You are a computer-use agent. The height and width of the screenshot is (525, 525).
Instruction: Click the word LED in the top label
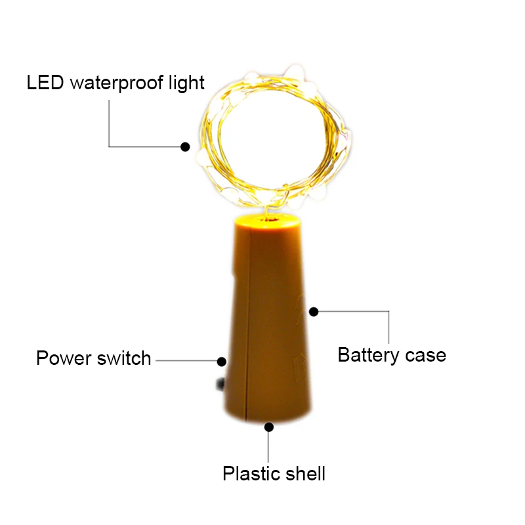(45, 83)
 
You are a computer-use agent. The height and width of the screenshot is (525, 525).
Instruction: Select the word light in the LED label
(186, 83)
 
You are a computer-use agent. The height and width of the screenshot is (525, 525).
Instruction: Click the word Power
(64, 358)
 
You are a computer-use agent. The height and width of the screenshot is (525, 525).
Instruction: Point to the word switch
(124, 358)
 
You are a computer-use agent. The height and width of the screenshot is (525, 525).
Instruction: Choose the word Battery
(368, 355)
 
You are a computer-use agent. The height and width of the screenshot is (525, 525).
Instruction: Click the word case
(425, 355)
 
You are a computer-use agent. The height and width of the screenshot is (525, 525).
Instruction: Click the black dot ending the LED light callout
(185, 146)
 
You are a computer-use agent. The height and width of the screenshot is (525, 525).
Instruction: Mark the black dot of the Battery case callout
(314, 312)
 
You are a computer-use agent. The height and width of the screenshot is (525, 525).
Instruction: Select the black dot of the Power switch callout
(222, 362)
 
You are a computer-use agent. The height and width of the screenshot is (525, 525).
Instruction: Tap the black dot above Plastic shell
(269, 427)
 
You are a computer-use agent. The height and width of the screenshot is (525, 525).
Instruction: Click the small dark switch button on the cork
(220, 384)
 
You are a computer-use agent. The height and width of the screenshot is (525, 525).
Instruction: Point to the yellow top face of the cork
(267, 221)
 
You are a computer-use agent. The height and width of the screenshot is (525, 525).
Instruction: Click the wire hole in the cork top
(268, 219)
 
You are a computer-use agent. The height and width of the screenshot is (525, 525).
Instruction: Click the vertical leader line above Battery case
(388, 327)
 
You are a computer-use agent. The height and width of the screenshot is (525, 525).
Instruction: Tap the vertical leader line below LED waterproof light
(109, 123)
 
